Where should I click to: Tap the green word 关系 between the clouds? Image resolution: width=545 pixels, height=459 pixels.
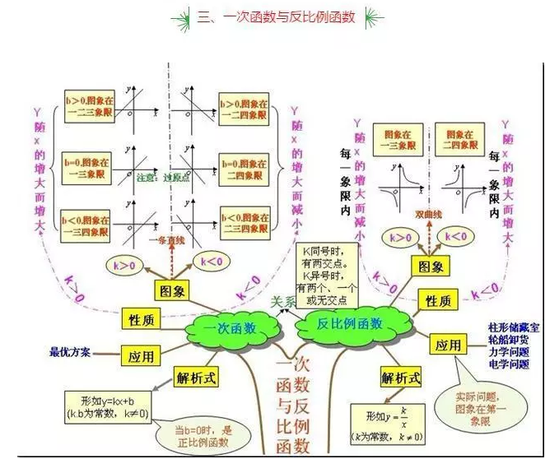click(286, 302)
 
